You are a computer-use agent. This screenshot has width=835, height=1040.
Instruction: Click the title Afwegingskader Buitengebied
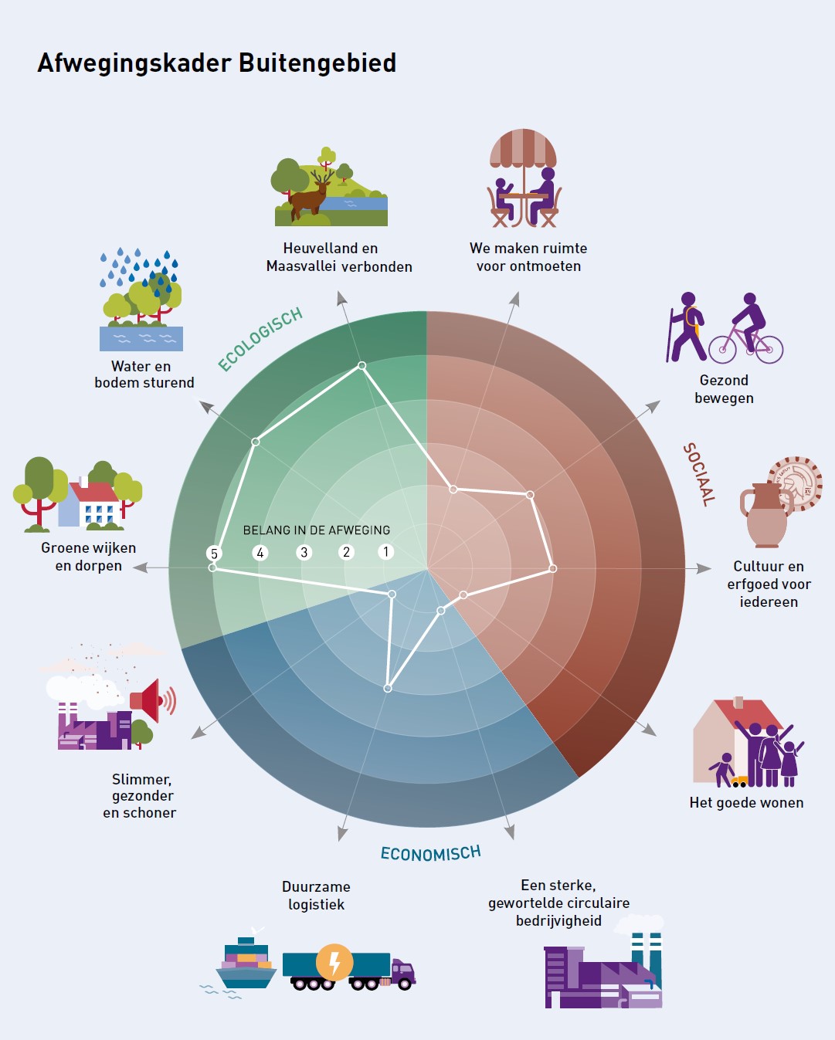coord(217,63)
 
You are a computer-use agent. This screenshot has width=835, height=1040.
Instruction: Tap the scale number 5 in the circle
coord(215,554)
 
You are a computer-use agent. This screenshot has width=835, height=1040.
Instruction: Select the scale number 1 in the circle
coord(386,552)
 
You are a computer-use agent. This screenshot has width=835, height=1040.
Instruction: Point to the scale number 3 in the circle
coord(304,553)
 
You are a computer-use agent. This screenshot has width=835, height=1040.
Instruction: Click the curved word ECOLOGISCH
coord(260,339)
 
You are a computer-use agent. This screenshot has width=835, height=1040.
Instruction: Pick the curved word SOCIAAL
coord(698,474)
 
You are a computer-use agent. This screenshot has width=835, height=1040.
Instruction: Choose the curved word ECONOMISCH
coord(430,853)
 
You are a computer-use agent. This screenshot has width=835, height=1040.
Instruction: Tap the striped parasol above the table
coord(523,147)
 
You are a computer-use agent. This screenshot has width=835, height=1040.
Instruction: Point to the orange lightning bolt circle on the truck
coord(334,963)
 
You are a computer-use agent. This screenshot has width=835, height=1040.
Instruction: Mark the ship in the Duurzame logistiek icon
coord(246,962)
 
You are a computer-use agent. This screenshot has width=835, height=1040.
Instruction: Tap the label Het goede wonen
coord(746,803)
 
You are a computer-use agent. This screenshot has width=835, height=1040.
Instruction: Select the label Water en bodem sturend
coord(144,374)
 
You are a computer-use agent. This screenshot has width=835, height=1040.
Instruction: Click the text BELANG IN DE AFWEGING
coord(317,530)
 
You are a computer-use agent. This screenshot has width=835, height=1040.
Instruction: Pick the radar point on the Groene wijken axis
coord(213,567)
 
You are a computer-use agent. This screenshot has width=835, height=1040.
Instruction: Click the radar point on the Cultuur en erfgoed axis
coord(552,568)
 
